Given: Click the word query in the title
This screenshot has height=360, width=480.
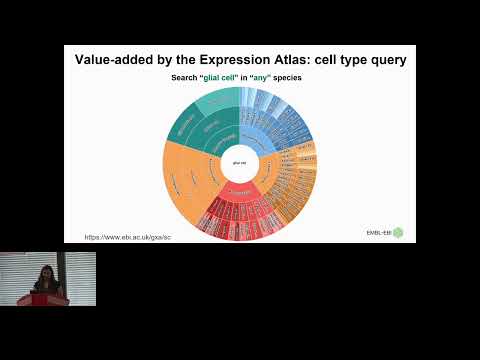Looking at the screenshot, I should pyautogui.click(x=385, y=60).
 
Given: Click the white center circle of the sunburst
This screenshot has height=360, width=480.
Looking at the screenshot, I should pyautogui.click(x=239, y=161).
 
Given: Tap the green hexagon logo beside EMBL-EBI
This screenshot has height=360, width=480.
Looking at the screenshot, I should pyautogui.click(x=398, y=233).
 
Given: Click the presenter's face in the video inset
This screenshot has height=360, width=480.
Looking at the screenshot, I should pyautogui.click(x=43, y=271).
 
